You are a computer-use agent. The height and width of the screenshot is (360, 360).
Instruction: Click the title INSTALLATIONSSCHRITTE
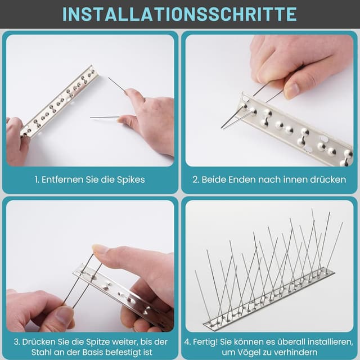click(x=179, y=14)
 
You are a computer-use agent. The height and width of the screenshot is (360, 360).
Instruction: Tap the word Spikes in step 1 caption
click(x=131, y=180)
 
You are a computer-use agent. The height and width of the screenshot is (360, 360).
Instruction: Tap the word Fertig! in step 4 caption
click(x=205, y=342)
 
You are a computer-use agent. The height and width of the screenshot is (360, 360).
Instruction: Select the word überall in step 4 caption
click(x=291, y=342)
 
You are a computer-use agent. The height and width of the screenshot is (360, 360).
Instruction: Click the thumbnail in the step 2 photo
click(x=291, y=90)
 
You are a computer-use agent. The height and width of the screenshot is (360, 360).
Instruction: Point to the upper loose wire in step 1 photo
click(x=117, y=84)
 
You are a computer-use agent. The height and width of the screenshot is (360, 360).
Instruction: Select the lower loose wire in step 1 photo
click(x=105, y=118)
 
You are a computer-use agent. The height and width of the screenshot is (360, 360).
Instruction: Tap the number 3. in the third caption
click(x=17, y=342)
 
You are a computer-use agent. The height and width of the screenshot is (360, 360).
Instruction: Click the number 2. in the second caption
click(x=196, y=179)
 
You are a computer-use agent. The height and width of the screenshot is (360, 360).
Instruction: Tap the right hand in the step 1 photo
click(x=147, y=117)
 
